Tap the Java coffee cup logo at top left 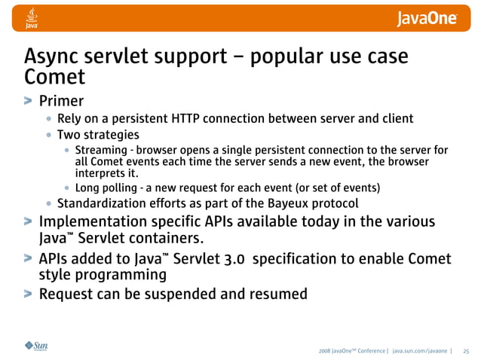click(32, 17)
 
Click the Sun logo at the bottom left click(36, 346)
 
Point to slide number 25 click(465, 350)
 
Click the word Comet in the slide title click(54, 77)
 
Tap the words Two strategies click(98, 135)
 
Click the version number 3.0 click(228, 259)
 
